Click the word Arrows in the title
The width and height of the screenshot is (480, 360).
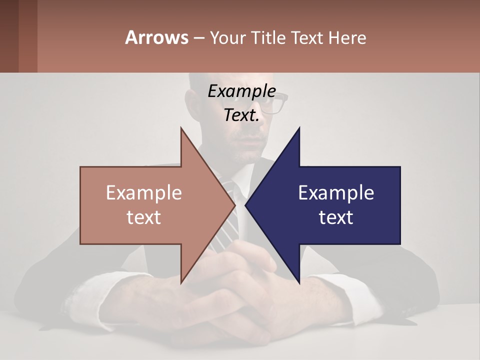(x=156, y=37)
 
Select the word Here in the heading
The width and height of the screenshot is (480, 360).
(x=347, y=38)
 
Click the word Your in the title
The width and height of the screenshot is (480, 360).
(x=227, y=38)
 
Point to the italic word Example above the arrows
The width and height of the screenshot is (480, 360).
(x=241, y=91)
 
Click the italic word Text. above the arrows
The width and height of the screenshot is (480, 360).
(x=241, y=115)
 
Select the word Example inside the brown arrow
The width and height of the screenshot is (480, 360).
(x=143, y=193)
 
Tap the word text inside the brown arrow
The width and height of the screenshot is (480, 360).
(x=143, y=217)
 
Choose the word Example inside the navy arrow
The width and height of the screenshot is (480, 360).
(x=336, y=193)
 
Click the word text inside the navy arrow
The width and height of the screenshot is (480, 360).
(x=336, y=217)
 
